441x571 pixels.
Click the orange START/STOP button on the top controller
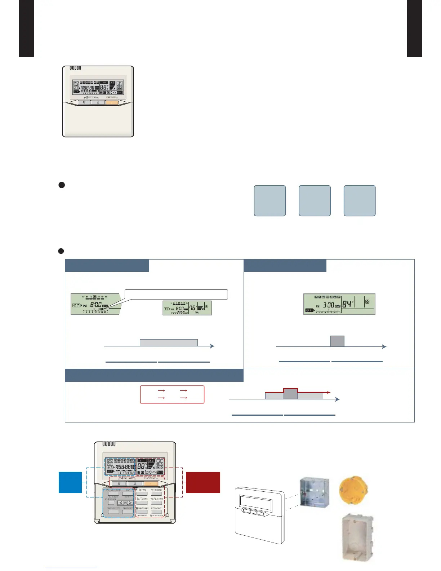click(112, 102)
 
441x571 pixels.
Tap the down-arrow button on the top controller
click(84, 102)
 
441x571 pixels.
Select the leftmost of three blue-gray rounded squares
click(270, 201)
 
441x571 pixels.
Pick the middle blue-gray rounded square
click(315, 201)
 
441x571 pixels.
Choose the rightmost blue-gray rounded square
click(360, 201)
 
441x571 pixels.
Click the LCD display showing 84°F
click(339, 304)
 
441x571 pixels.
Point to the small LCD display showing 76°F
click(187, 308)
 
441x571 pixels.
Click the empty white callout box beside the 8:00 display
click(176, 294)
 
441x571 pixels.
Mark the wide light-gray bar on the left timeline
click(169, 342)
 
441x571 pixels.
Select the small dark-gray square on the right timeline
click(337, 341)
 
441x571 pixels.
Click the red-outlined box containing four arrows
click(172, 394)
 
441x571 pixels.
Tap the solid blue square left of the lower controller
click(70, 482)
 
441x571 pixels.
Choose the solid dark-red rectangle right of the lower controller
click(203, 482)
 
